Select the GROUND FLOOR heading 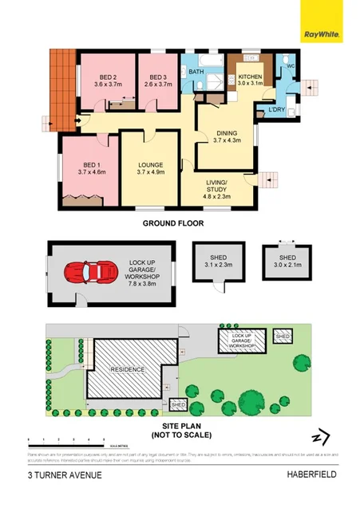[173, 224]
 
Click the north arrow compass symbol [322, 438]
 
